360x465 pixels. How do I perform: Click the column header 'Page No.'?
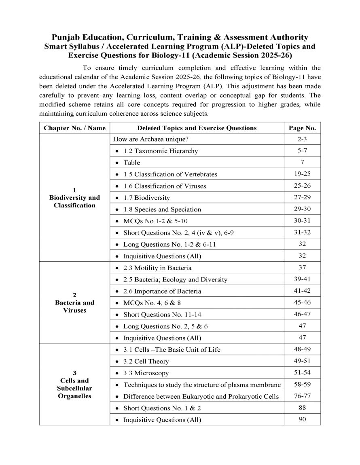[x=302, y=128]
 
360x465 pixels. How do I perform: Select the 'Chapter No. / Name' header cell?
[x=74, y=128]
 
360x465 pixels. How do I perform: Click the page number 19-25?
[x=302, y=174]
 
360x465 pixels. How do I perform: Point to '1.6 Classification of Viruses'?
[x=165, y=186]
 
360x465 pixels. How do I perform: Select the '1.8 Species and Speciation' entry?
[x=162, y=209]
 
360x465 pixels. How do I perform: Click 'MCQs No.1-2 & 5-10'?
[x=155, y=221]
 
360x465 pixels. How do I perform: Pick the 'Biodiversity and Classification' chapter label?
[x=74, y=201]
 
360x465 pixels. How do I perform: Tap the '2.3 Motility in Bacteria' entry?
[x=157, y=268]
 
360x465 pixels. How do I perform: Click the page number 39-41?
[x=302, y=279]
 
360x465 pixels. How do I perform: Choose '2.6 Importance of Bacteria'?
[x=162, y=291]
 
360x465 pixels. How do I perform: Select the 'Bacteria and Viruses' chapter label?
[x=74, y=306]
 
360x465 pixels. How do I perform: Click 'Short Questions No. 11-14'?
[x=163, y=315]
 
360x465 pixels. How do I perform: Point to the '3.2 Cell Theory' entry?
[x=146, y=361]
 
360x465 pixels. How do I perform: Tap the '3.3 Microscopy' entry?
[x=146, y=373]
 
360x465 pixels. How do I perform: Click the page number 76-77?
[x=302, y=396]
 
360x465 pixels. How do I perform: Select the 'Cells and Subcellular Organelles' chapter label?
[x=74, y=388]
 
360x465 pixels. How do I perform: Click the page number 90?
[x=302, y=419]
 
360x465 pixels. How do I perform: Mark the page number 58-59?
[x=302, y=385]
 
